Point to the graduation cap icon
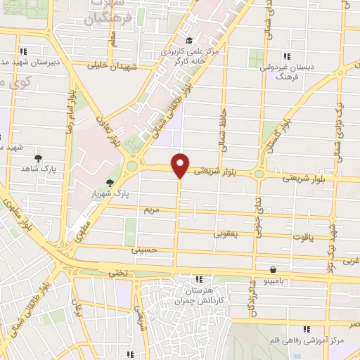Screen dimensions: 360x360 188,41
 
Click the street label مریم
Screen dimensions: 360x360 154,210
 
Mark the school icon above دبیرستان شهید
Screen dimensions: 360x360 24,51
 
